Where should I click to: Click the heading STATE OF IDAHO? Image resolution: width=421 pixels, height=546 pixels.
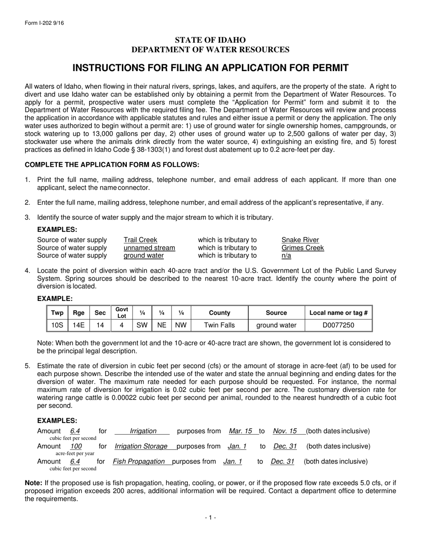(210, 40)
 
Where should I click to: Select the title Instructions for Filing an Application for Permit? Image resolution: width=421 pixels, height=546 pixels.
(210, 68)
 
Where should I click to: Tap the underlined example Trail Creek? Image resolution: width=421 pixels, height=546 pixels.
(140, 240)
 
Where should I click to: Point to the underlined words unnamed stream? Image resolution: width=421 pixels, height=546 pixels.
(149, 248)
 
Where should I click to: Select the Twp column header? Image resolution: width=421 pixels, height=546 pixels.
(57, 313)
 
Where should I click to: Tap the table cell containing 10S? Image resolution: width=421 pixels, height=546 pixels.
(57, 325)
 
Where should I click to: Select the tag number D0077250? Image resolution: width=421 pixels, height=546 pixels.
(338, 325)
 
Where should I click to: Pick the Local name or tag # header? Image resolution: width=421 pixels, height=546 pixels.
(338, 313)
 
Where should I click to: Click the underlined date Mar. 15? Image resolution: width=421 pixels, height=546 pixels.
(241, 431)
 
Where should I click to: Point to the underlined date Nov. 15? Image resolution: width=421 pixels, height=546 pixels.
(285, 431)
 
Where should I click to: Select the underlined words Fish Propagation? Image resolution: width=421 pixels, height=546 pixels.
(139, 461)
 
